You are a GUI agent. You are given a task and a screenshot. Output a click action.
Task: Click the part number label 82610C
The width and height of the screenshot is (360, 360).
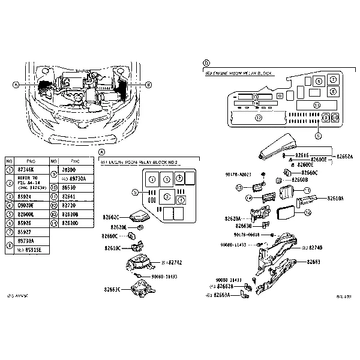click(112, 248)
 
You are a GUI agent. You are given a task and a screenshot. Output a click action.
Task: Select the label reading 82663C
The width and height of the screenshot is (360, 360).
click(112, 289)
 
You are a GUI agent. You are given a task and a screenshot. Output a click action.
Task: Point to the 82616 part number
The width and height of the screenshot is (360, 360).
click(301, 155)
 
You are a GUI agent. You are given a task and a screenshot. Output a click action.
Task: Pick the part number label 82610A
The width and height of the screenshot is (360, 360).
click(336, 197)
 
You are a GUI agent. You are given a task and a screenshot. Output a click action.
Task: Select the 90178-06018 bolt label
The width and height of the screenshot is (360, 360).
click(245, 235)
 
